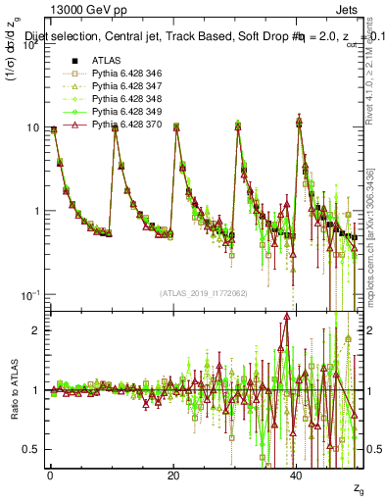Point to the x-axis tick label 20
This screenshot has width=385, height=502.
[x=173, y=475]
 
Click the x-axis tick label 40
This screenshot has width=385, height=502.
[x=297, y=475]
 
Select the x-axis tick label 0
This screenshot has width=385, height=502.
[x=50, y=475]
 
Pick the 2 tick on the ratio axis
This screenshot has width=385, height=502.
[x=35, y=330]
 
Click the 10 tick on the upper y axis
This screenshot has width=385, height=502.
[x=31, y=127]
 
